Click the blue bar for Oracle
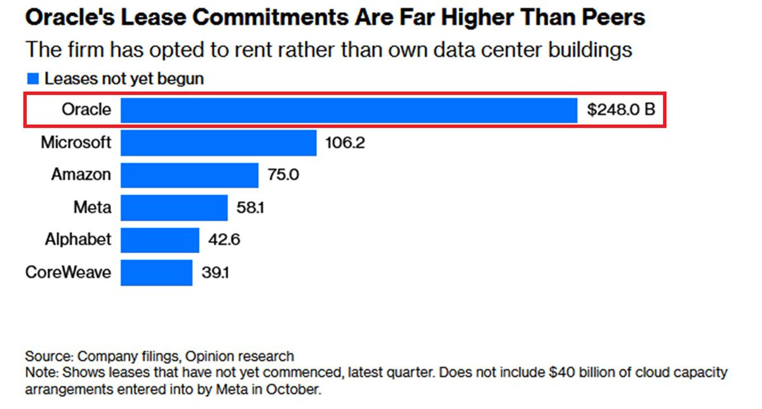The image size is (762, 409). click(349, 110)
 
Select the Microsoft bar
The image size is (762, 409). click(218, 142)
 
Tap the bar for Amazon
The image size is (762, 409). click(189, 175)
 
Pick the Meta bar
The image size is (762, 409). click(174, 207)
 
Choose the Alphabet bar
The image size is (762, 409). click(159, 239)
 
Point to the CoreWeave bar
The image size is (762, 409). click(156, 272)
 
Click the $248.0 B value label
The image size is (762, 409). click(620, 110)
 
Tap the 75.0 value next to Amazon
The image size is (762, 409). click(283, 175)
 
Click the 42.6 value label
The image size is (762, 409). click(224, 240)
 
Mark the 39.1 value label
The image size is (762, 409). click(215, 272)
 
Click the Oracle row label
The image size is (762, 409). click(86, 110)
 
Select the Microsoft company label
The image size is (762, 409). click(76, 142)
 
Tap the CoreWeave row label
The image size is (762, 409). click(69, 272)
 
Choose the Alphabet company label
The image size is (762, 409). click(78, 239)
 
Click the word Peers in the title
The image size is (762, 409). click(613, 17)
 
